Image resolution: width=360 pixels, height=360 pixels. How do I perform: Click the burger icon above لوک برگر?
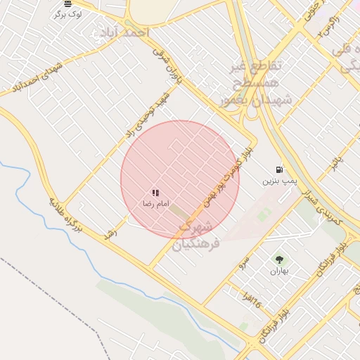pos(67,4)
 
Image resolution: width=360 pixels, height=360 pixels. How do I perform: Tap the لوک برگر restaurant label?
pos(67,13)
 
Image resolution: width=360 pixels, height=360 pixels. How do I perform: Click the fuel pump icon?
pos(281,169)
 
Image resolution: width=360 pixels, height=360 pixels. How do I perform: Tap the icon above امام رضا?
pos(155,193)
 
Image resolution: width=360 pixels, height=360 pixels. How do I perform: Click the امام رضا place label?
pos(155,203)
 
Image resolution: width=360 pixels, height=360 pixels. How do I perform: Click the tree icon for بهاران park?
pos(279,259)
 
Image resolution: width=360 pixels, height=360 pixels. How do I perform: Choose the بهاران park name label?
pos(279,270)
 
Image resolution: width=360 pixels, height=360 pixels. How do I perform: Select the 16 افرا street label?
pos(251,301)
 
